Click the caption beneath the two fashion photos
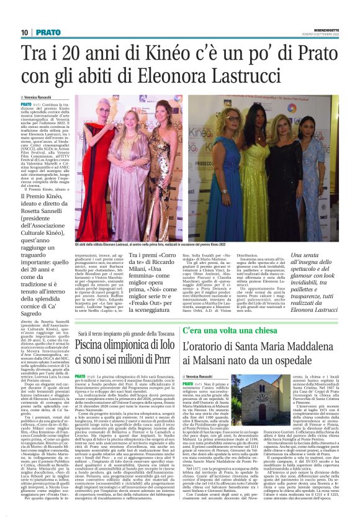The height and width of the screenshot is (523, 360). click(x=186, y=245)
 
